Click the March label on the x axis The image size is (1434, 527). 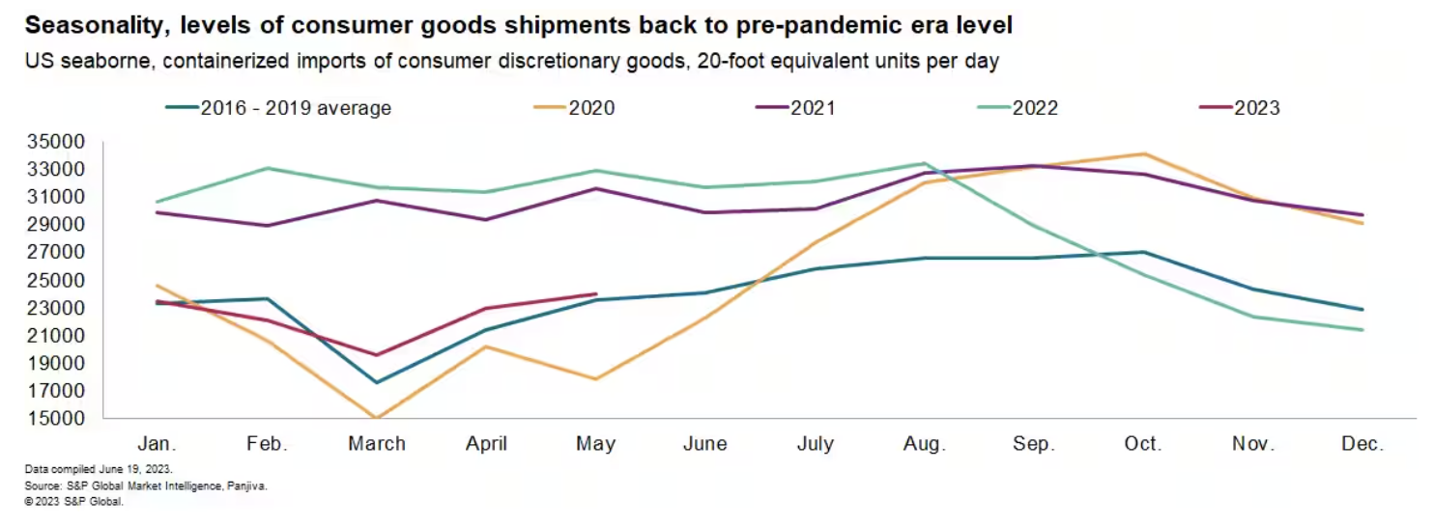[x=377, y=444]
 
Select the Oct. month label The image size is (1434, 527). [x=1143, y=444]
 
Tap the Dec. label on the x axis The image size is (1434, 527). [x=1362, y=444]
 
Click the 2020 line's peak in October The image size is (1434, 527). [x=1144, y=153]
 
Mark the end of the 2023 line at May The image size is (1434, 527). [x=596, y=294]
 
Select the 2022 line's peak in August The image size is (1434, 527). [x=925, y=164]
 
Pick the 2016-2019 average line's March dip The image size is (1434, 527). [x=377, y=382]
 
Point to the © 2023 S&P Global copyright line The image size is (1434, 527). [x=75, y=502]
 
